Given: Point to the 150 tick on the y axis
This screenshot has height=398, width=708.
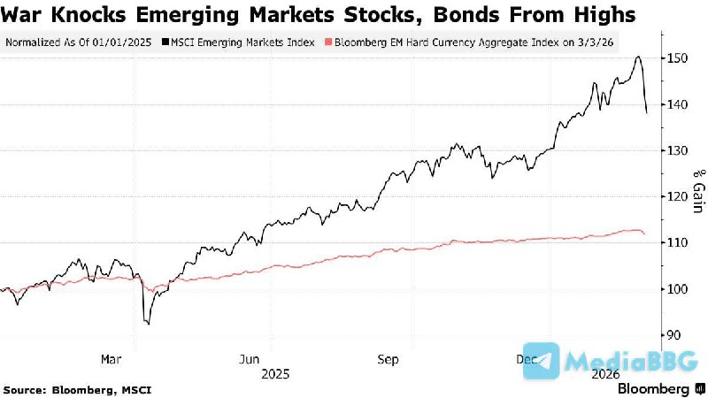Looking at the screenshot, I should point(678,58).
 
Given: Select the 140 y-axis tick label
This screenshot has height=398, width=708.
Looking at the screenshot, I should point(678,104).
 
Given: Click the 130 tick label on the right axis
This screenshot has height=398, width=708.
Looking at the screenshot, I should point(678,150).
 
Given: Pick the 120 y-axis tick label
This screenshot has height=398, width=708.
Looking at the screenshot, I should point(678,196).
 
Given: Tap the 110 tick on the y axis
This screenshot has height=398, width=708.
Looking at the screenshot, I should point(678,242).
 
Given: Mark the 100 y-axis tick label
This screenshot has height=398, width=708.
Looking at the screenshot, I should point(678,289).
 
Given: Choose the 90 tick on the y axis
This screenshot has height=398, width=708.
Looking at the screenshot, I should point(674,335).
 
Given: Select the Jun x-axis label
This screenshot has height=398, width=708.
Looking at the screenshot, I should point(250,359).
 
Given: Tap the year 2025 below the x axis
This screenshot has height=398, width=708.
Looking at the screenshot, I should point(276,374).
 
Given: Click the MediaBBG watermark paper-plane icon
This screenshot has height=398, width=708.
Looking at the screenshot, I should point(541,362).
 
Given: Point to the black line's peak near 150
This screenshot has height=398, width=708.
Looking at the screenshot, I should point(638,57).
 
